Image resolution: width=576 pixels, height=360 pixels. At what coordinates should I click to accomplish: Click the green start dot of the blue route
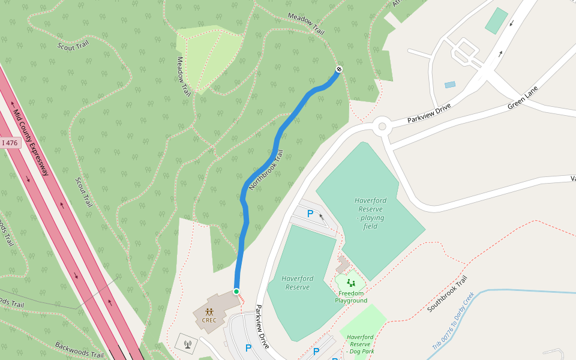coord(236,292)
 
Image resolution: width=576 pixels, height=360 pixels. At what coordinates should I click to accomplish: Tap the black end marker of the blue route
coord(339,70)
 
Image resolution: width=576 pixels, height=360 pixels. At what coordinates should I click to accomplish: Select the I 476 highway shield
coord(10,143)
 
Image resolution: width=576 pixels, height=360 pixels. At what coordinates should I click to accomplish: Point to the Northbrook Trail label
coord(265,170)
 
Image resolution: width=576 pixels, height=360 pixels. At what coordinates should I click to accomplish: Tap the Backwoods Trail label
coord(79,350)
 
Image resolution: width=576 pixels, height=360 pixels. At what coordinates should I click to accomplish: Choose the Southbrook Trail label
coord(447,294)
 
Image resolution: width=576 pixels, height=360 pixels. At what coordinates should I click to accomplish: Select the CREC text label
coord(209,320)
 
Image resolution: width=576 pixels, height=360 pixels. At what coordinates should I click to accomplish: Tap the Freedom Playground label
coord(351,297)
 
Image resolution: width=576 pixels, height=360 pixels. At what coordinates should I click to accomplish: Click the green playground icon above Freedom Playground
coord(350,283)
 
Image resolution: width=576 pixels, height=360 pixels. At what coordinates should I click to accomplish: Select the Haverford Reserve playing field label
coord(370,213)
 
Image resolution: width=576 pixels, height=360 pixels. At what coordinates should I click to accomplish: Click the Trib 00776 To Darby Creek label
coord(454,321)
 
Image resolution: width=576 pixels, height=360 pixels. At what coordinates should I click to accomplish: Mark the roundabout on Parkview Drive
coord(382,127)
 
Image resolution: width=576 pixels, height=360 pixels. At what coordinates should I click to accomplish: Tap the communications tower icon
coord(187,344)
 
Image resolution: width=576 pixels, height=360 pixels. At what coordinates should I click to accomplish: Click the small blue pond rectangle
coord(450,85)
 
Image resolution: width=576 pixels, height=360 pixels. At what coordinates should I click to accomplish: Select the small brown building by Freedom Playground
coord(343,264)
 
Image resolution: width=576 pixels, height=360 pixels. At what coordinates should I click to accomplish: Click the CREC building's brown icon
coord(209,312)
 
